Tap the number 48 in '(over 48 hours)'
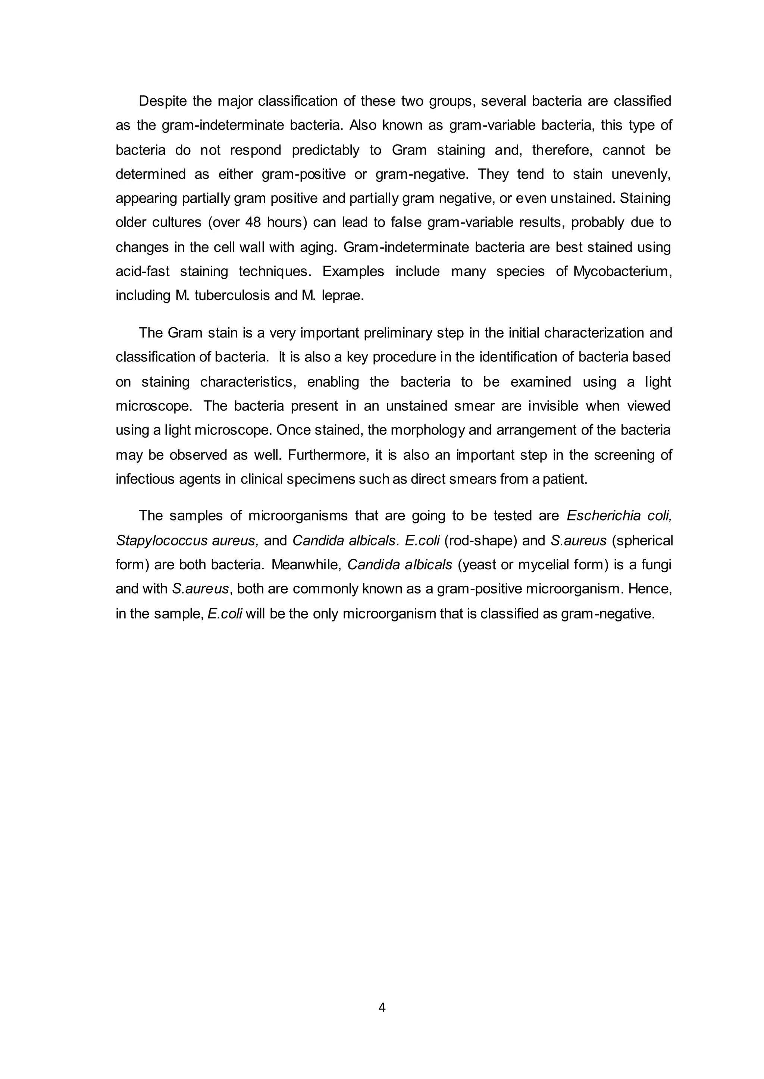[x=253, y=222]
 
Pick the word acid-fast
[x=143, y=271]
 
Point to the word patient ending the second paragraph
[x=564, y=480]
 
